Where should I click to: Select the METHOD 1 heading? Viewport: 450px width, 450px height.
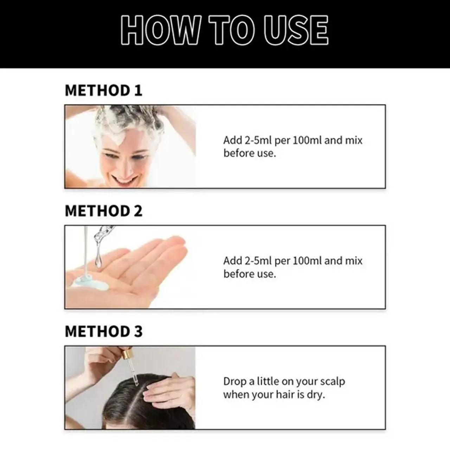click(103, 90)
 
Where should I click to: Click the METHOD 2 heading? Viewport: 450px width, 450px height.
click(103, 211)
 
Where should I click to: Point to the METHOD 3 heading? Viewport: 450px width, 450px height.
click(103, 332)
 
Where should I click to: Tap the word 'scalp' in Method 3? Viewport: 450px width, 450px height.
click(333, 382)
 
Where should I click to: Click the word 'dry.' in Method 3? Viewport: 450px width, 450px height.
click(316, 395)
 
